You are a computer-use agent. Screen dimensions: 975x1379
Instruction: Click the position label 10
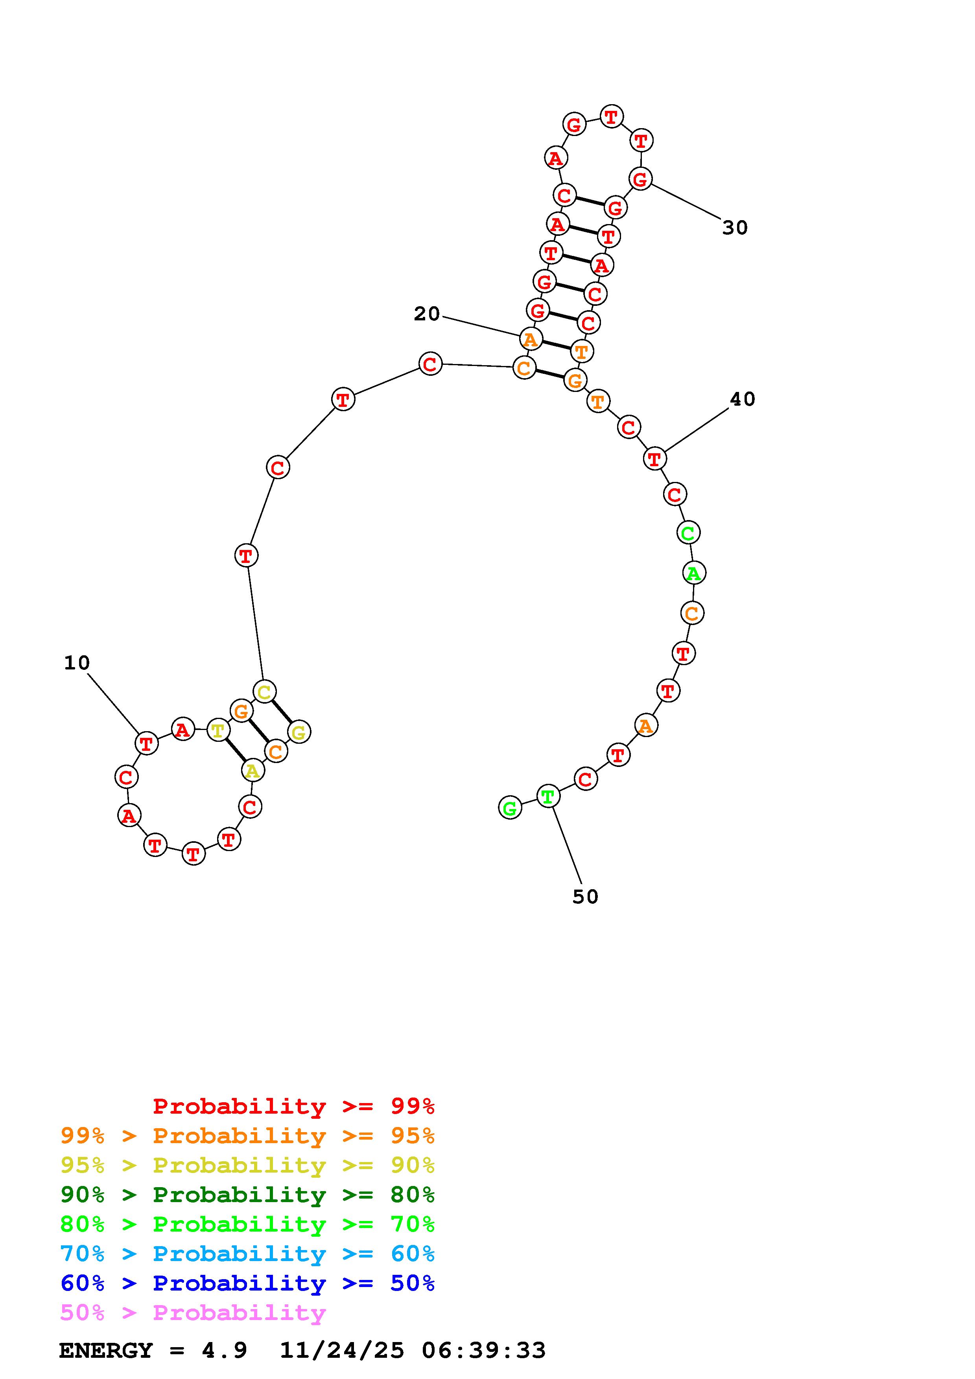coord(77,663)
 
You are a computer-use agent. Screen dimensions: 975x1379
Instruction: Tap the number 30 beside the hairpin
coord(735,228)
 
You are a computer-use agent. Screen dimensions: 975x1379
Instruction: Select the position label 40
coord(743,399)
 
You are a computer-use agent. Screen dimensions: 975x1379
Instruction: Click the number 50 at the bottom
coord(585,897)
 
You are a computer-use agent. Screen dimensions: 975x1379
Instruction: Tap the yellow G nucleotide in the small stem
coord(299,732)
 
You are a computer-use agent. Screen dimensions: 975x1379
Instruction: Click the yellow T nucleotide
coord(217,730)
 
